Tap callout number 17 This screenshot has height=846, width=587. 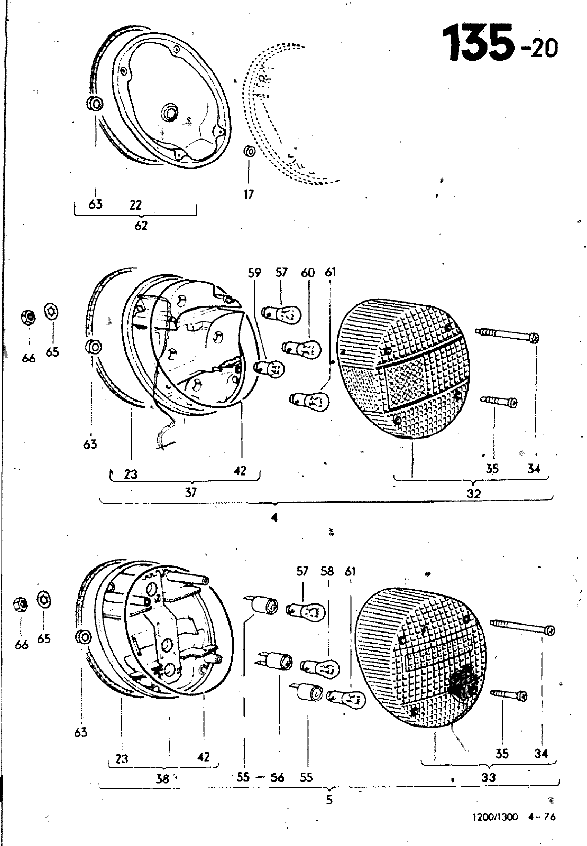tap(249, 194)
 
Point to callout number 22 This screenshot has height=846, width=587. tap(135, 204)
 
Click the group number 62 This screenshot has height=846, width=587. tap(141, 226)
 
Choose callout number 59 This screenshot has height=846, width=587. tap(255, 273)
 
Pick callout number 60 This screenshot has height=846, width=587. tap(308, 273)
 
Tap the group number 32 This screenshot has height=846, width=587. tap(474, 495)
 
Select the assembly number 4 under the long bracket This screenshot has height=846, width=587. tap(274, 517)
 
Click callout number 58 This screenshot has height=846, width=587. tap(327, 571)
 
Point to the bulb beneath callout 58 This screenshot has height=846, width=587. tap(319, 667)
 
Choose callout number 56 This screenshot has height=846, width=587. tap(277, 777)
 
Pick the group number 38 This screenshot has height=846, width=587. tap(162, 778)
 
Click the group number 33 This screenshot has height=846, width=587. tap(488, 777)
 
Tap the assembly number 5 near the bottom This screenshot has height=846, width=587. tap(329, 800)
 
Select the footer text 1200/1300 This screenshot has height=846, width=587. tap(495, 816)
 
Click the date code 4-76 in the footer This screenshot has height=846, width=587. tap(542, 816)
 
